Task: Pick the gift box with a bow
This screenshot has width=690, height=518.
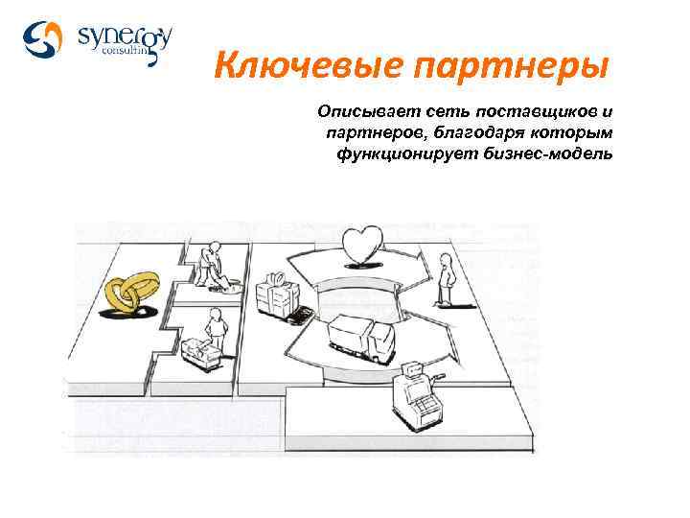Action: tap(278, 293)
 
